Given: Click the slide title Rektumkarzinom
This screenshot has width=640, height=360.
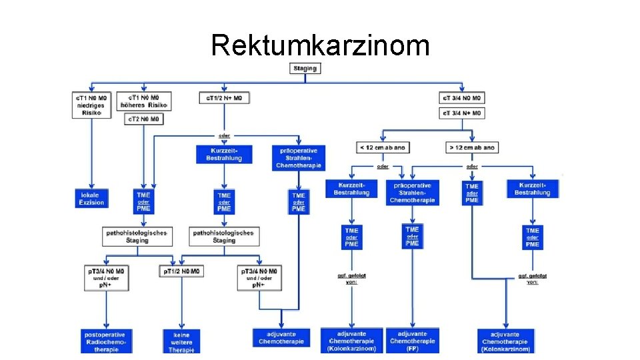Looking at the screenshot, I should [320, 45].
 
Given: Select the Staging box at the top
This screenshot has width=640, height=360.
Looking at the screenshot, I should [306, 67].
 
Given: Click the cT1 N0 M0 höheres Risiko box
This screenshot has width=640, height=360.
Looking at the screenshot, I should [145, 101].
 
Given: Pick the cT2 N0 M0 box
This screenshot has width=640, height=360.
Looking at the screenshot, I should [144, 119].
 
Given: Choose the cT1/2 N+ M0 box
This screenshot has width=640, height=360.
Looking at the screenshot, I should [225, 98].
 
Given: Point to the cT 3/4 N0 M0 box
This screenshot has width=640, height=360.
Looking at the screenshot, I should [462, 98].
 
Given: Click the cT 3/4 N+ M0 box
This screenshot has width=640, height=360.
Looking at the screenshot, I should [462, 113].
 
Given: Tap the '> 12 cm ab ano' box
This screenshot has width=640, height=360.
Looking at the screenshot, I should [471, 147].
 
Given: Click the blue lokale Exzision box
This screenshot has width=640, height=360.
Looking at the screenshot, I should [91, 198].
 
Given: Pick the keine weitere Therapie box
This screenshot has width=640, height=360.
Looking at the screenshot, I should [181, 341].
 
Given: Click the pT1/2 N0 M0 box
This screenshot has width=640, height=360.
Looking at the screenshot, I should [181, 271].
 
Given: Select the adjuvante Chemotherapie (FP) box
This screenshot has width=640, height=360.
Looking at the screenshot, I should [412, 341].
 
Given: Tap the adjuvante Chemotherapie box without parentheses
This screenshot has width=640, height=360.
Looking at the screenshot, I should [281, 338].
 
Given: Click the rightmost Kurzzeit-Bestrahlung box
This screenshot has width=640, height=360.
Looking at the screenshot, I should [532, 189].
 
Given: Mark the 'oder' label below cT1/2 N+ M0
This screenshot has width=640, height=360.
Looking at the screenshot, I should [225, 136].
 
